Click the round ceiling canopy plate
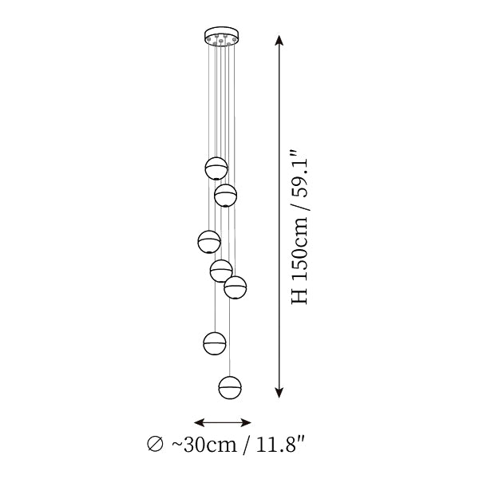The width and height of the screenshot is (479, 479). point(222,35)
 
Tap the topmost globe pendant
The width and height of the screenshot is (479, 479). point(216,168)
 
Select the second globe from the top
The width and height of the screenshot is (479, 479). point(225,196)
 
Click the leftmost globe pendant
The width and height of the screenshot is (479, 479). point(209,242)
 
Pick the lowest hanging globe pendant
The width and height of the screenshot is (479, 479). point(230,388)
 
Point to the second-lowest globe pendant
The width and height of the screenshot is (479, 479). point(215,343)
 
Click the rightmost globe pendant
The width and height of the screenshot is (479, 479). point(236,287)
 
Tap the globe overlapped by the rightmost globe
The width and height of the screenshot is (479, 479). point(221,271)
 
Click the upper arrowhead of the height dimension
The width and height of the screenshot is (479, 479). point(279,41)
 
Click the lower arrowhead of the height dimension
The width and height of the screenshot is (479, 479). point(279,393)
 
